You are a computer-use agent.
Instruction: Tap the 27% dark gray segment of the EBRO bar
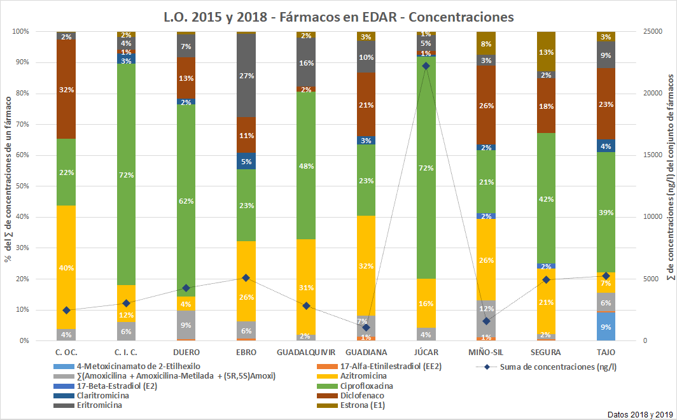tap(246, 76)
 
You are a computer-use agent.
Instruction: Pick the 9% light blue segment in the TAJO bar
tap(606, 326)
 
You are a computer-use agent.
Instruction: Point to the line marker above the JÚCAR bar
tap(426, 66)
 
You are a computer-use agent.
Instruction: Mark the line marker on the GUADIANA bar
tap(366, 328)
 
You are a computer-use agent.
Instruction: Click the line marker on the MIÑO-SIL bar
tap(486, 321)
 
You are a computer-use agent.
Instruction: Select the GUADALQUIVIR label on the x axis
tap(306, 352)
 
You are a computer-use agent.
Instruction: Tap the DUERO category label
tap(186, 352)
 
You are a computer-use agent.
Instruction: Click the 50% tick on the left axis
tap(21, 186)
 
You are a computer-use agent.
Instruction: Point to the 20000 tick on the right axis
tap(652, 94)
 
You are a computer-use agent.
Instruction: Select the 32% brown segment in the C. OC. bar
tap(66, 89)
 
